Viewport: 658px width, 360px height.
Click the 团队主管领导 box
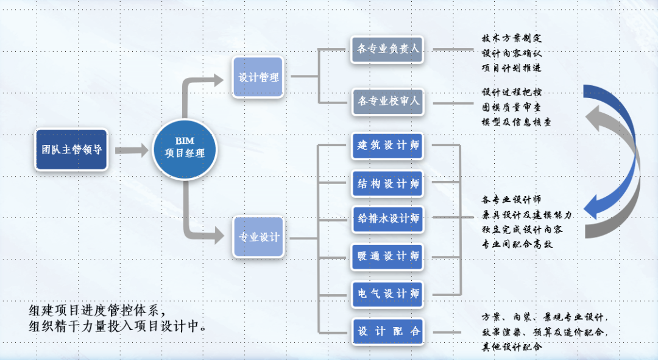click(71, 149)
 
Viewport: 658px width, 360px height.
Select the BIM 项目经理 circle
click(185, 148)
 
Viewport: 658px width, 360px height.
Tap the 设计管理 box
click(258, 77)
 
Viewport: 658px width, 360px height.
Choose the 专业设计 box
click(258, 237)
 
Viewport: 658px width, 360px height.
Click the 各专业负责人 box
click(389, 49)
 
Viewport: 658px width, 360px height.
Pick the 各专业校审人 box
click(389, 101)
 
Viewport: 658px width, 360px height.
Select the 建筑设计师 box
click(389, 146)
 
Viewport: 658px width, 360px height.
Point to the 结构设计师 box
click(389, 183)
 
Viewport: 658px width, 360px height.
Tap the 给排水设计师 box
click(389, 219)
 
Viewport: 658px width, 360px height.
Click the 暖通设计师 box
click(389, 256)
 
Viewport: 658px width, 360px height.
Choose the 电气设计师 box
click(389, 294)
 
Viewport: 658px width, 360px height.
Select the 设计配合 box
click(389, 331)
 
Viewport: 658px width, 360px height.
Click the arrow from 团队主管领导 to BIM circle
click(132, 149)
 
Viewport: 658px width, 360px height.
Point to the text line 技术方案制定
click(511, 38)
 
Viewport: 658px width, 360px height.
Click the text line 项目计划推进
click(511, 67)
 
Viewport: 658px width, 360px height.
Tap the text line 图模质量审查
click(511, 107)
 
